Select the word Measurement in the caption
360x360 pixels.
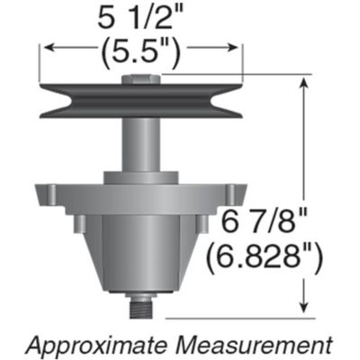262,344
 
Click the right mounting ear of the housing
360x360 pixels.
237,193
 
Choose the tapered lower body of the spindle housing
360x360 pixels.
139,252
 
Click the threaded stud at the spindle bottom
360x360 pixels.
139,309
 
